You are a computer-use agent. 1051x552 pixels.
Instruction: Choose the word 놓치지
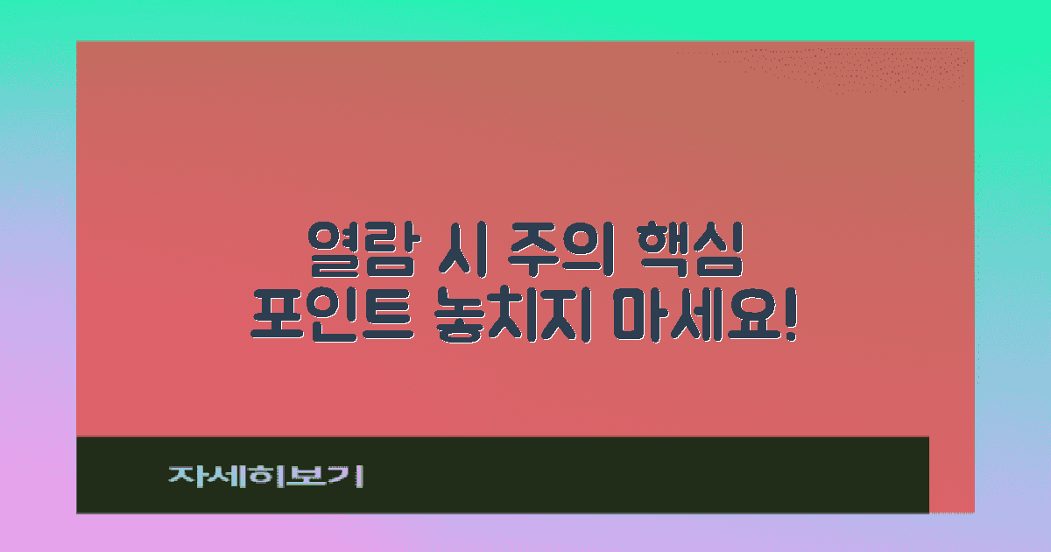coord(511,319)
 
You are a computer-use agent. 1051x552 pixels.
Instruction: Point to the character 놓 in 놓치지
coord(455,319)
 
